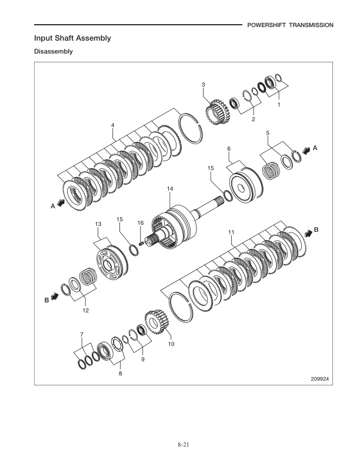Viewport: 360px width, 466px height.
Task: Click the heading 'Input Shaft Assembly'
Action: coord(72,38)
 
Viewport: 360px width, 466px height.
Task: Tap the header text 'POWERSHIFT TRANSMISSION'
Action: coord(290,25)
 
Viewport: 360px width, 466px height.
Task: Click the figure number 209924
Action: coord(319,379)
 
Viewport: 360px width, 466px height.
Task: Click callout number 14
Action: coord(169,189)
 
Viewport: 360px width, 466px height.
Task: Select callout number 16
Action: coord(141,222)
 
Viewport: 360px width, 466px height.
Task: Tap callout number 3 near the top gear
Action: coord(204,85)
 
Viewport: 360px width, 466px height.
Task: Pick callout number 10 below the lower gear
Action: coord(172,344)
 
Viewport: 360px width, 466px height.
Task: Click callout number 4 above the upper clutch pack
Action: coord(112,125)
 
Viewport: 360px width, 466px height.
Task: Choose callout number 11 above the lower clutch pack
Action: coord(231,232)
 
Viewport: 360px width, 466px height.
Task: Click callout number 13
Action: coord(98,224)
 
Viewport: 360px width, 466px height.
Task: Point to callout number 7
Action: coord(82,335)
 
